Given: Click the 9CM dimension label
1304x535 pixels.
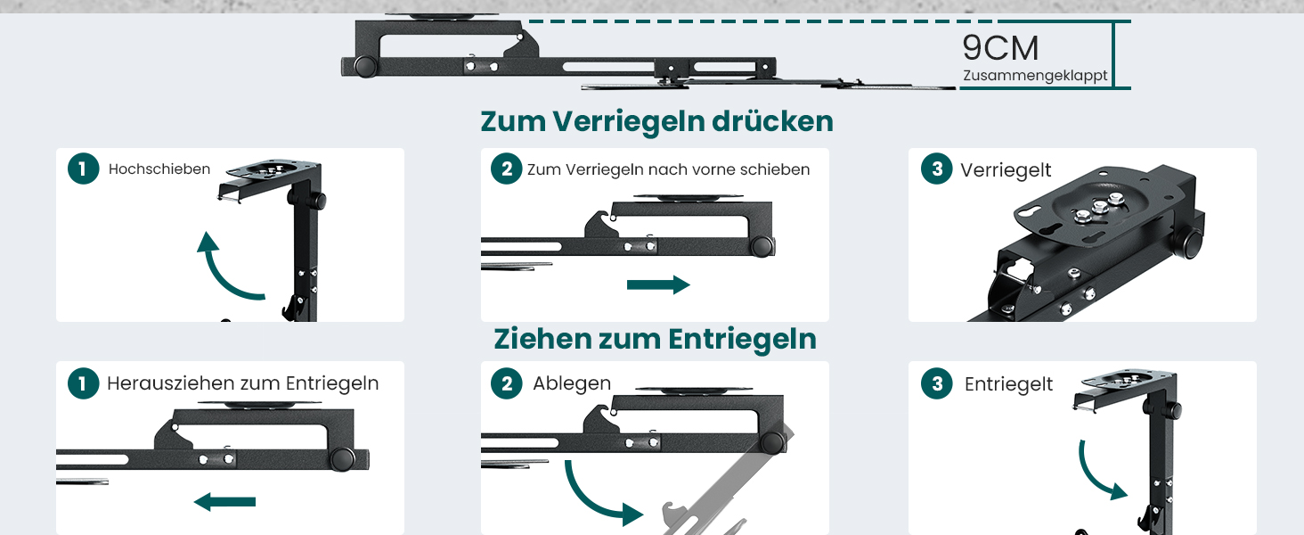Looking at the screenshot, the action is [x=1000, y=48].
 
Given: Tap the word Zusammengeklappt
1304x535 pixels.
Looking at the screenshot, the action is [x=1035, y=76].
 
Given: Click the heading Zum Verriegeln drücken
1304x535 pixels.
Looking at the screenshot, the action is [x=656, y=121].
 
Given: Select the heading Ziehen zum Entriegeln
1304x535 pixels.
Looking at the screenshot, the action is [x=655, y=339].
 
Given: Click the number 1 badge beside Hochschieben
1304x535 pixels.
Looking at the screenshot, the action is [x=83, y=169].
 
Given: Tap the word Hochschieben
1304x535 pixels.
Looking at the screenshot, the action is [x=159, y=169].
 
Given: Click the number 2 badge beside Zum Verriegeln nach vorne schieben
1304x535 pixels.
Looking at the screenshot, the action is [x=507, y=169].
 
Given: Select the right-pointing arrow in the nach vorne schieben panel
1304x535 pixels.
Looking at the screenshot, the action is [x=658, y=285].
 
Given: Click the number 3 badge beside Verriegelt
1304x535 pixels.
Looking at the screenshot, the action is [x=937, y=169].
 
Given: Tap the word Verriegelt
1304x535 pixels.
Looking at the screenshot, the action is [x=1006, y=170].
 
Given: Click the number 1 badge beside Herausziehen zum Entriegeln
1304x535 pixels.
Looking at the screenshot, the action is [x=83, y=383].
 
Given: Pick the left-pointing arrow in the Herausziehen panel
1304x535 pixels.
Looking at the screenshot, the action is [x=224, y=502].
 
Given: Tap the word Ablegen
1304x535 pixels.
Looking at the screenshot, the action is [x=572, y=383].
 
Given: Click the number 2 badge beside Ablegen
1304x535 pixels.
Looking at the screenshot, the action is [x=507, y=383].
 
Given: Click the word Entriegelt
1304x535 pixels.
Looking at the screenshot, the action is [x=1008, y=384].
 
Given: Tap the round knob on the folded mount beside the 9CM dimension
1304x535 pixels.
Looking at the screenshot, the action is [x=365, y=66].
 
